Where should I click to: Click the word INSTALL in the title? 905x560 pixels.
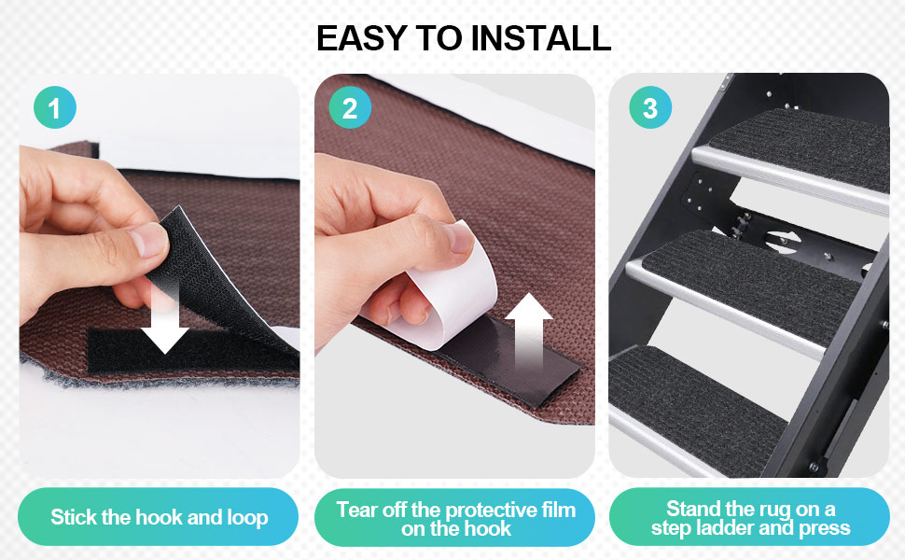pos(541,38)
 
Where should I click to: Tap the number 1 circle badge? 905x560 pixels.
pos(54,109)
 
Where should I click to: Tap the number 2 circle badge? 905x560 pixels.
pos(350,109)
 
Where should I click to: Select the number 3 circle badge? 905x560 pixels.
pos(649,109)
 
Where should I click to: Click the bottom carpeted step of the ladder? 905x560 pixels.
pos(700,392)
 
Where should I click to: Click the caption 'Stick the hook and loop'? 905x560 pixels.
pos(159,517)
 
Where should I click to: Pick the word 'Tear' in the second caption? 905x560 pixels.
pos(356,510)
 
